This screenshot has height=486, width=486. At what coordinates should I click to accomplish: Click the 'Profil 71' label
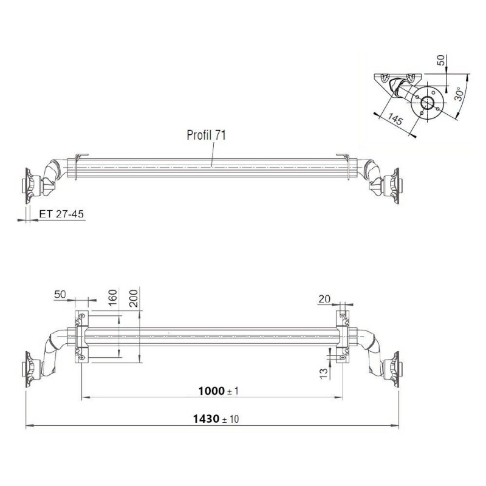pyautogui.click(x=206, y=135)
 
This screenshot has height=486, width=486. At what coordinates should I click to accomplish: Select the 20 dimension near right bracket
pyautogui.click(x=323, y=298)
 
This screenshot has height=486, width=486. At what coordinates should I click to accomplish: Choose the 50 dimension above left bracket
pyautogui.click(x=60, y=295)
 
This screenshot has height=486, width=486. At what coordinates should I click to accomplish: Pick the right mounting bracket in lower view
pyautogui.click(x=343, y=338)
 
